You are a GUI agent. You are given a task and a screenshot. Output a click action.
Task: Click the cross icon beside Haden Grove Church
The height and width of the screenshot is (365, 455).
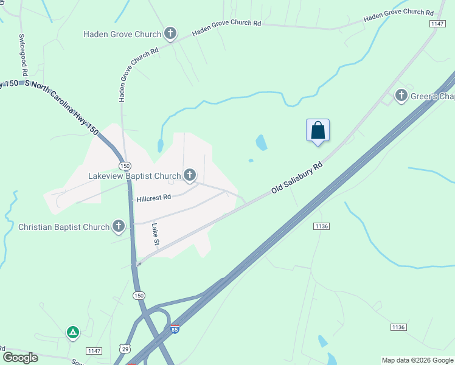[x=171, y=34]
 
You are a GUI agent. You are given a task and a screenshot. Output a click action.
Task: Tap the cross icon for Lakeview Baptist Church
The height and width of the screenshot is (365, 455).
[x=190, y=176]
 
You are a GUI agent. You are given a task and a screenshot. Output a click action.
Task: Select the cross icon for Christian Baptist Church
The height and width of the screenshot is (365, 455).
[x=119, y=227]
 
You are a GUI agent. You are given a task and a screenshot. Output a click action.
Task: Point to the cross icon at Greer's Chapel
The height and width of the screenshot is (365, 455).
[x=401, y=96]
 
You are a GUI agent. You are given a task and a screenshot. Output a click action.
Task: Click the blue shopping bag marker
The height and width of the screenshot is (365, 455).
[x=318, y=130]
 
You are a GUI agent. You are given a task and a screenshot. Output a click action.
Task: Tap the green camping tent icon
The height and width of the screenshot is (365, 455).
[x=72, y=332]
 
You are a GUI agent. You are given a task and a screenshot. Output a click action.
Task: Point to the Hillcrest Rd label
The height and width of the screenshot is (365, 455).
[x=154, y=198]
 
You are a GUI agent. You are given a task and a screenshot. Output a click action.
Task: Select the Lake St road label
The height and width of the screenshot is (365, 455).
[x=156, y=234]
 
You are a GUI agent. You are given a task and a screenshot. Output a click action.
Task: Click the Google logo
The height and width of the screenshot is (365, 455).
[x=20, y=358]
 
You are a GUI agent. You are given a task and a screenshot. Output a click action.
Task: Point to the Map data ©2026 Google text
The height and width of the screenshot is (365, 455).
[x=417, y=360]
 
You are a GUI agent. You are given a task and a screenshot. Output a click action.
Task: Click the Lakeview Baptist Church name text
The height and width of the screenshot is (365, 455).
[x=134, y=176]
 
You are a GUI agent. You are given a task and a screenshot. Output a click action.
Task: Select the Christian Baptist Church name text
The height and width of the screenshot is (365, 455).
[x=64, y=227]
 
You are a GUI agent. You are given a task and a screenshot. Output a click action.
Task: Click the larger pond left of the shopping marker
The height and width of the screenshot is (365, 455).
[x=262, y=143]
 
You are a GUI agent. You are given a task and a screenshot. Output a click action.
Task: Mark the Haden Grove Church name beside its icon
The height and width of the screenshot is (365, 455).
[x=122, y=34]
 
